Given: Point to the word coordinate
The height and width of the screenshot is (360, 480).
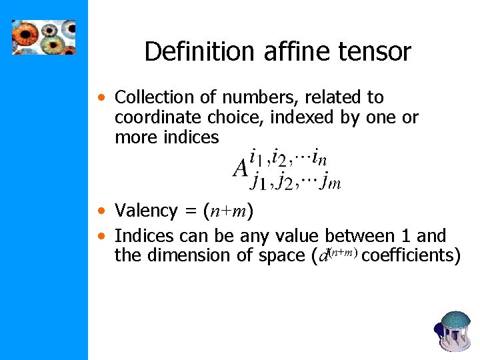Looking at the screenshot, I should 157,118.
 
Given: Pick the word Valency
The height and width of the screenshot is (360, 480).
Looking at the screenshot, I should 146,211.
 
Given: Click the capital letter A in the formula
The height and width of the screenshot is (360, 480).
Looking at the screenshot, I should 240,169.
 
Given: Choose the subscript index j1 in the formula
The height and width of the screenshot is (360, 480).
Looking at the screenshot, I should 257,181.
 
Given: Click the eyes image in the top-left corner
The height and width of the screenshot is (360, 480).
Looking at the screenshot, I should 44,37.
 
